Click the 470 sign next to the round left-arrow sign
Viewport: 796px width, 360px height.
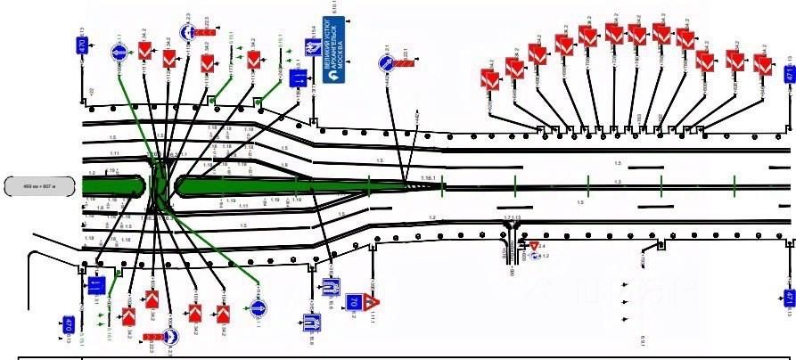click(x=83, y=45)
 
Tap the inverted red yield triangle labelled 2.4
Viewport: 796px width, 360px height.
click(x=534, y=245)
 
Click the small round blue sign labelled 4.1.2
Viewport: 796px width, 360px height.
click(x=534, y=256)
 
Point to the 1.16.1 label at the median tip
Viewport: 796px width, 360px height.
click(x=428, y=179)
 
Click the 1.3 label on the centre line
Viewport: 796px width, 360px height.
click(x=617, y=182)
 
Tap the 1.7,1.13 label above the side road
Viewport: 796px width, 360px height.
click(x=513, y=217)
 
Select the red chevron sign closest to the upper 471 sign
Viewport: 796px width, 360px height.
click(x=760, y=64)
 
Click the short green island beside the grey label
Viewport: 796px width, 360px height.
click(x=112, y=185)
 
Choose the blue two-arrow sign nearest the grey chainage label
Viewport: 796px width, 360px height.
click(x=96, y=285)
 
